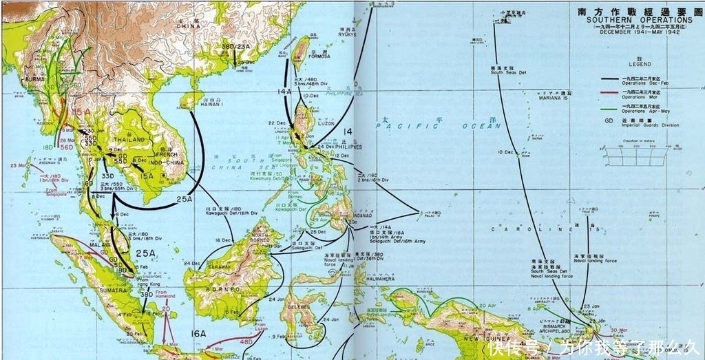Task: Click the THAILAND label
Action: click(x=130, y=140)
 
